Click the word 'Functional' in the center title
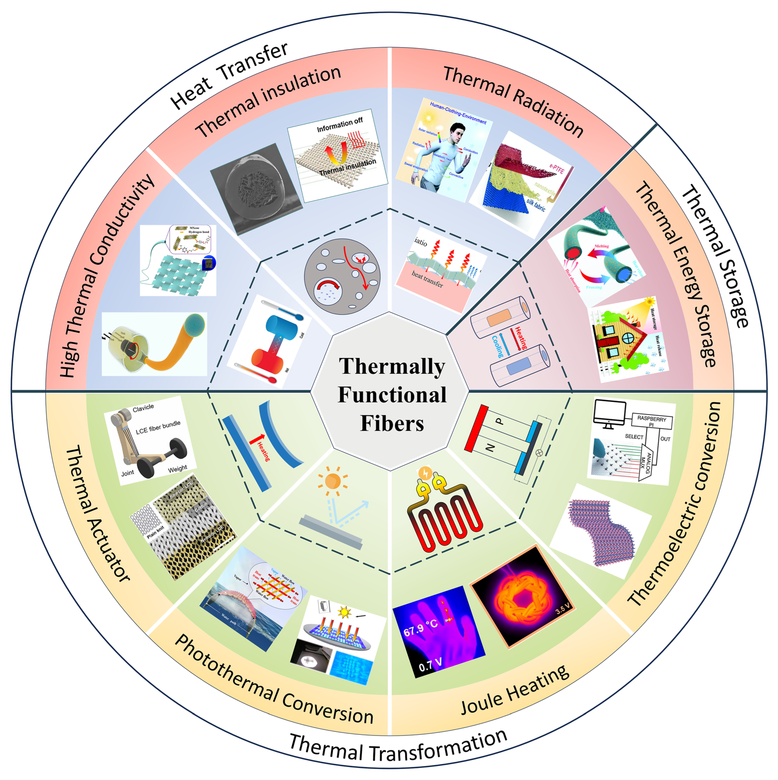pyautogui.click(x=392, y=394)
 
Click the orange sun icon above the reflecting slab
pyautogui.click(x=332, y=481)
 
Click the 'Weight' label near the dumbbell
pyautogui.click(x=177, y=468)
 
